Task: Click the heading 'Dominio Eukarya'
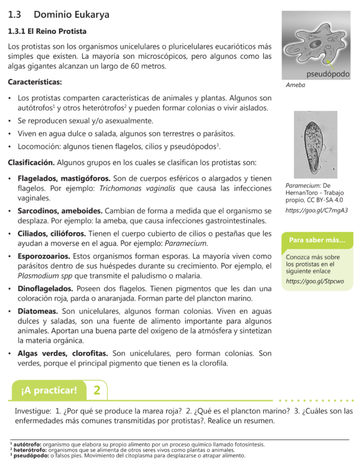(71, 15)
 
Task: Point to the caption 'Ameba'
(295, 85)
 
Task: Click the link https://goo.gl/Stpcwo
(314, 281)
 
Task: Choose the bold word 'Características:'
(35, 83)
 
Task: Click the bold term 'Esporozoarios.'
(44, 256)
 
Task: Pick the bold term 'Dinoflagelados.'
(45, 288)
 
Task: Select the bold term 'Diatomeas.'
(38, 311)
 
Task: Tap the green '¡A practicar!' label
(49, 390)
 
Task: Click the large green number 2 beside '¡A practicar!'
(97, 390)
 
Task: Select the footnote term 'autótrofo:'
(28, 444)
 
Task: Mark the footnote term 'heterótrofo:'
(30, 450)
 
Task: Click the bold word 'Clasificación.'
(32, 162)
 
